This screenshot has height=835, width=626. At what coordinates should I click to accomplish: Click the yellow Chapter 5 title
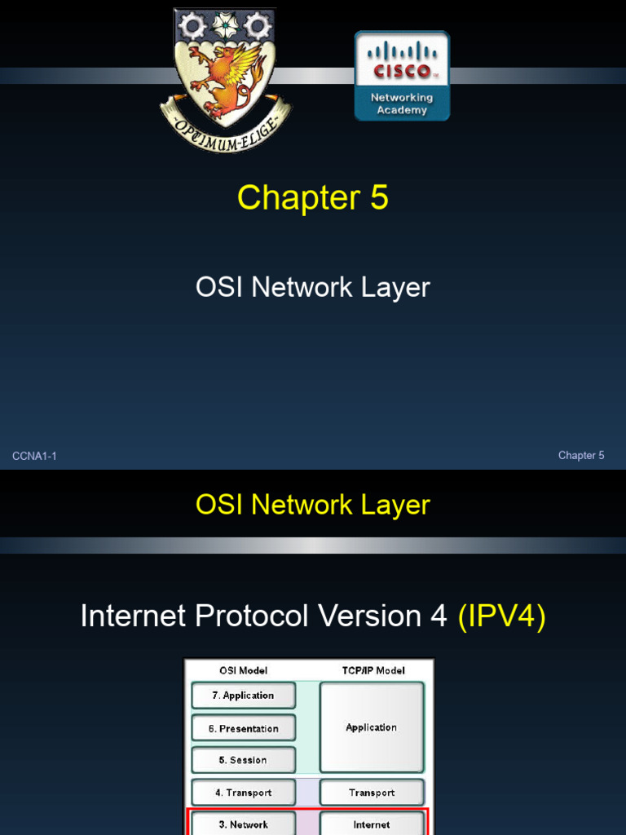point(312,198)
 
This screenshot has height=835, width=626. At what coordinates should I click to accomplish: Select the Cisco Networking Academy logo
point(402,76)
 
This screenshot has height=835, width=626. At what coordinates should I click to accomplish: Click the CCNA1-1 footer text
point(34,456)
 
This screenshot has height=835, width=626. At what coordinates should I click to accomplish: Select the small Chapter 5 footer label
point(581,456)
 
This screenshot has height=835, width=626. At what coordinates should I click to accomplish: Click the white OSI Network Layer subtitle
point(312,287)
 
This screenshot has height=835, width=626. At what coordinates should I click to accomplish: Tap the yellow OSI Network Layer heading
point(312,505)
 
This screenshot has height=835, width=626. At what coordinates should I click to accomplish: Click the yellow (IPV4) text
point(501,616)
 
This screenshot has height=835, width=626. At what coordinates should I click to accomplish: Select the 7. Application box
point(244,696)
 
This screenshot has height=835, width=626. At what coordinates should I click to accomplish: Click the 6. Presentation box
point(244,728)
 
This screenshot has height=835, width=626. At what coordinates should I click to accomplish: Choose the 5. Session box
point(244,760)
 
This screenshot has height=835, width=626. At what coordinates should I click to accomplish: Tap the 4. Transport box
point(244,793)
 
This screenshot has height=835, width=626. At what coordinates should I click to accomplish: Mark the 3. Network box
point(244,824)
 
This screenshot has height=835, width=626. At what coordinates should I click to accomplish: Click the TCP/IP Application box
point(372,727)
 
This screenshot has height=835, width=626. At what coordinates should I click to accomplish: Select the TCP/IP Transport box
point(372,793)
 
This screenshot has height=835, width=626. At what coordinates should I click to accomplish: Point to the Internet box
point(372,824)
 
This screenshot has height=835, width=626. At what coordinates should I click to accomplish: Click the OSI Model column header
point(243,670)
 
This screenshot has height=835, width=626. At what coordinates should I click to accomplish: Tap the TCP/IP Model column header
point(371,670)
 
